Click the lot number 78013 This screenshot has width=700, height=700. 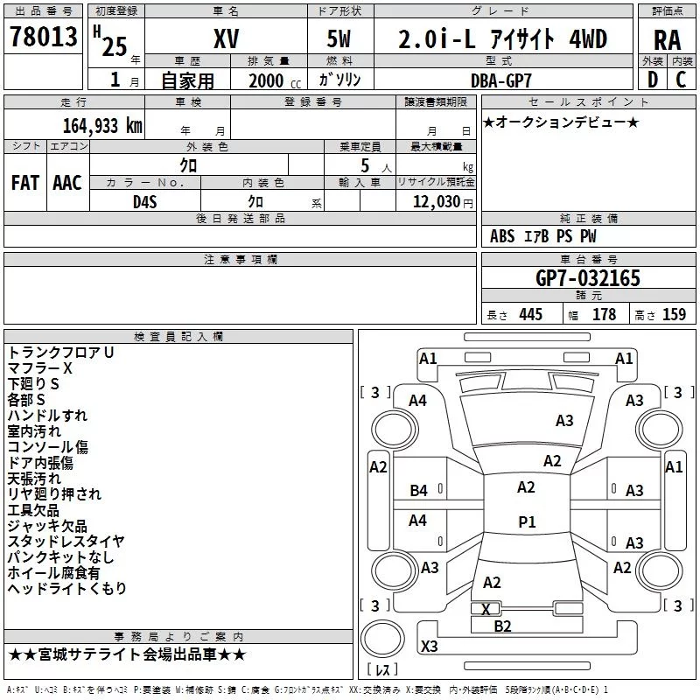[x=44, y=39]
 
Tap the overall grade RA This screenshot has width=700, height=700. [x=667, y=39]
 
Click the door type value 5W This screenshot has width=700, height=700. [x=340, y=39]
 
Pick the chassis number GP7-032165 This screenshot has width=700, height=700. [x=587, y=278]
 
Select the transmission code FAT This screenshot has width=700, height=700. [x=24, y=182]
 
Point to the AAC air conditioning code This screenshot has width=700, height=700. [x=66, y=182]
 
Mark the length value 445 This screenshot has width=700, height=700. [x=529, y=314]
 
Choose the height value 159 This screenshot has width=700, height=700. [x=673, y=314]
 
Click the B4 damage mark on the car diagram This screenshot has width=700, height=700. [x=419, y=491]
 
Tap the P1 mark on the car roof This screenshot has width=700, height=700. [x=527, y=521]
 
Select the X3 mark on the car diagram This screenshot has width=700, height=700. [x=429, y=647]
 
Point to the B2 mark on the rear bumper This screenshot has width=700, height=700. [x=502, y=626]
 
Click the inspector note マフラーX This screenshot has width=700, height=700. [x=40, y=367]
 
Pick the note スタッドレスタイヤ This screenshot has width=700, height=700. [x=66, y=541]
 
